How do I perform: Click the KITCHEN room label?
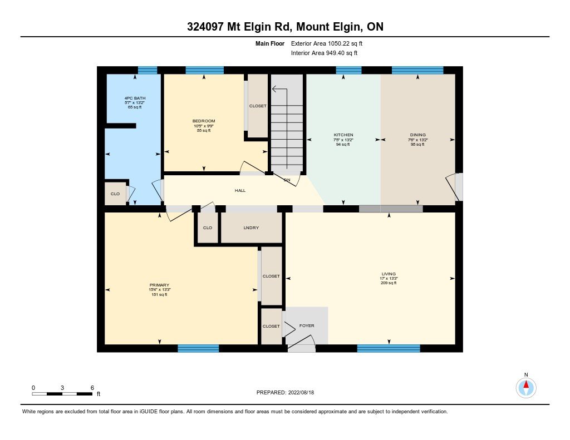point(343,135)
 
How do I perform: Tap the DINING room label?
point(417,135)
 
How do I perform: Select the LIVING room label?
point(388,274)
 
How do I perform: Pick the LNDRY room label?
point(251,228)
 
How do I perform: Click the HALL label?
point(240,191)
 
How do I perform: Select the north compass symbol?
point(525,387)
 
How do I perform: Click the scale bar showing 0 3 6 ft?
point(62,394)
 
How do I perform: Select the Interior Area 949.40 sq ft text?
point(324,53)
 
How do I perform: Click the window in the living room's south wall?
point(388,348)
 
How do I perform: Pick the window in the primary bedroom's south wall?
point(198,348)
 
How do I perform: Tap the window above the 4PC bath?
point(148,70)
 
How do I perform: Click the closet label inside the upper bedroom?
point(258,106)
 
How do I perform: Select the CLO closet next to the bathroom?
point(115,194)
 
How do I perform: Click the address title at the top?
point(285,26)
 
